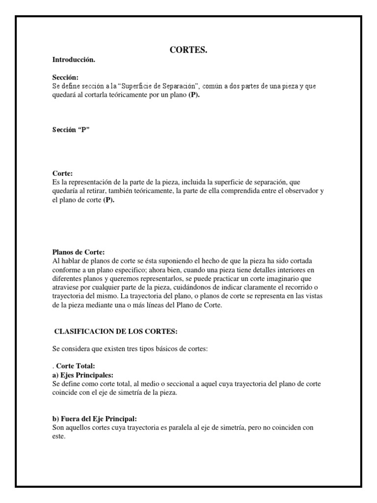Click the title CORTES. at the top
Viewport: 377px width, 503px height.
pos(189,50)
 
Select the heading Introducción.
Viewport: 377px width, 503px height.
pos(74,59)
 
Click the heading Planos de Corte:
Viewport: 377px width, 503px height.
pos(78,252)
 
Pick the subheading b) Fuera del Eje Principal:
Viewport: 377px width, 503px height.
pos(94,419)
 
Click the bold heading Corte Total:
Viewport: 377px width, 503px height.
pos(79,366)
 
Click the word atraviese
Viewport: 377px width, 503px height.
pos(67,287)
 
